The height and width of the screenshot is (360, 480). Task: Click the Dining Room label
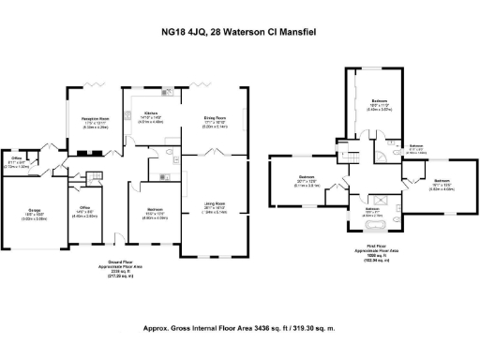[x=217, y=118]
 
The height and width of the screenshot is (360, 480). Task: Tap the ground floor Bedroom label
[x=155, y=210]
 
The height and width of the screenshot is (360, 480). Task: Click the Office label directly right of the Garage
[x=84, y=207]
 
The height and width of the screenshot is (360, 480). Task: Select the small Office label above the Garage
[x=17, y=160]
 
